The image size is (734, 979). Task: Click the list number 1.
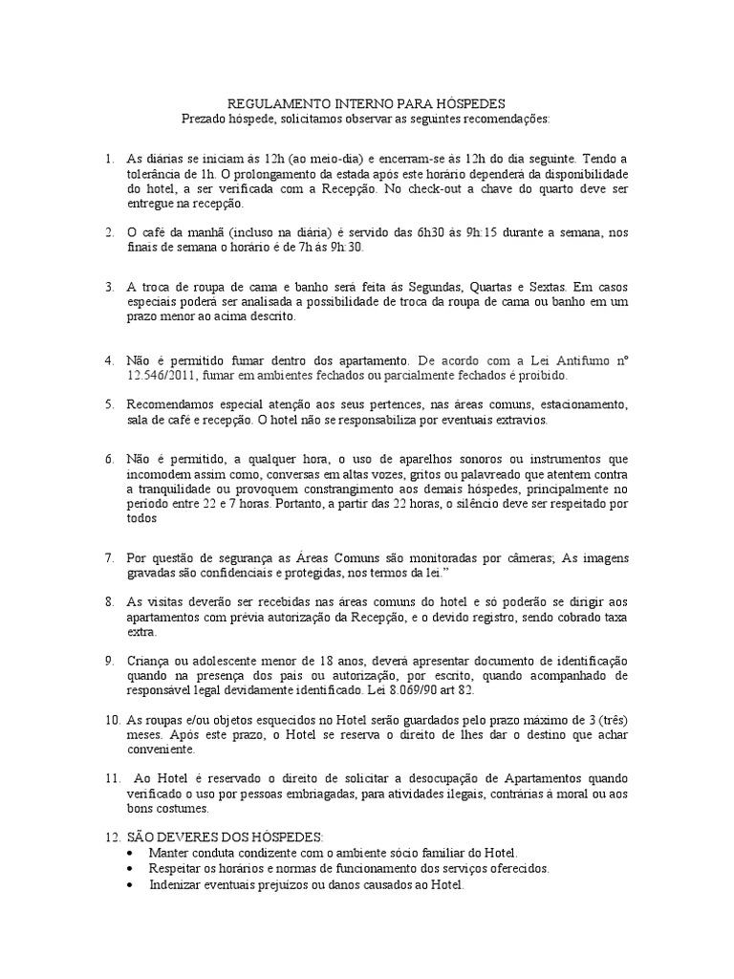[110, 159]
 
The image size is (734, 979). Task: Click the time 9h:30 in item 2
[346, 247]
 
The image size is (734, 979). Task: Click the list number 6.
[110, 461]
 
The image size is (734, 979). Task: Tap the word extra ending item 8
[141, 633]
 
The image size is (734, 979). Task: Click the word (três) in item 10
[608, 719]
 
